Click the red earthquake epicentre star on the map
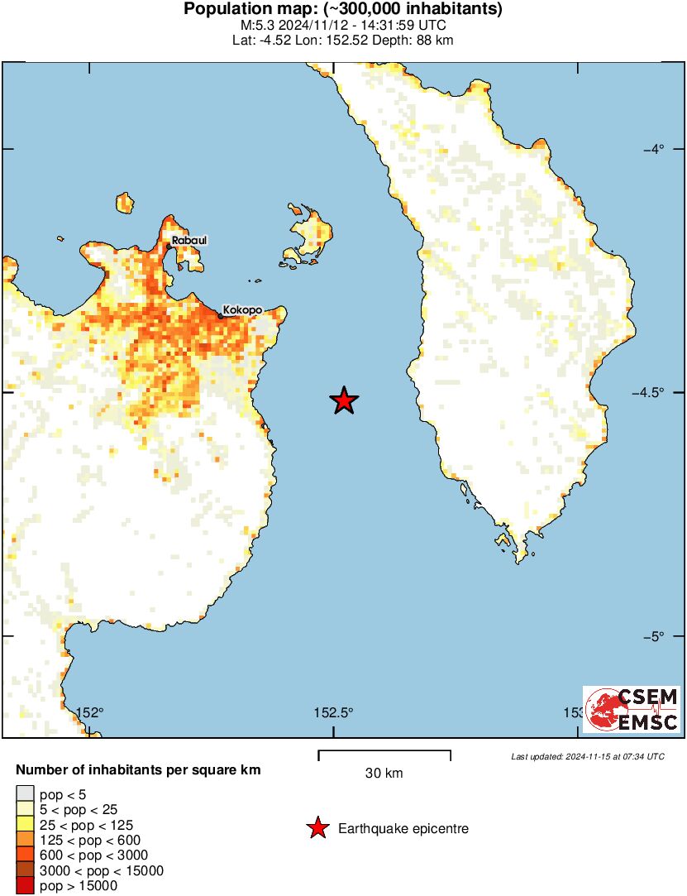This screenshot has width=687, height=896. pos(344,401)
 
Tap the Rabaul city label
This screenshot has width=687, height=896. pos(189,240)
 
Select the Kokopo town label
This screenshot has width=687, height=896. pos(243,309)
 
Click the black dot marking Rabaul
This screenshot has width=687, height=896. pos(169,246)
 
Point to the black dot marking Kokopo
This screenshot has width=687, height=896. pos(221,314)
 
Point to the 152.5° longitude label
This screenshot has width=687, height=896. pos(334,712)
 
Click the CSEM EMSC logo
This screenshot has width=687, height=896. pos(632,709)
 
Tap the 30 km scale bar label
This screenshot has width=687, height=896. pos(384,774)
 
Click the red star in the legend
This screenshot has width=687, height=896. pos(317,827)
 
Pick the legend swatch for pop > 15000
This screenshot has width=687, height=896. pos(26,885)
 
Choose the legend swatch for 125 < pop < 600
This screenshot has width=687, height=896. pos(26,840)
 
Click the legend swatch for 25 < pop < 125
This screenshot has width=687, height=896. pos(26,825)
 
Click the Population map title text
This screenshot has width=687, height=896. pos(343,10)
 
